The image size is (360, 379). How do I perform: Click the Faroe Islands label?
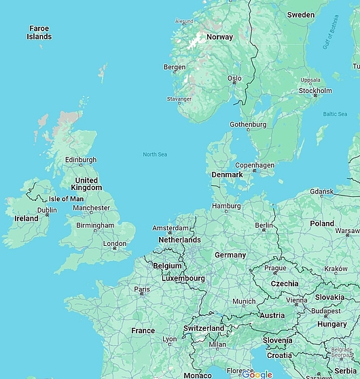(39, 32)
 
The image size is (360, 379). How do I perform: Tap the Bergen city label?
(175, 67)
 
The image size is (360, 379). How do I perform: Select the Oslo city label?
(234, 78)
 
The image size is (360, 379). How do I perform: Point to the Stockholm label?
(315, 90)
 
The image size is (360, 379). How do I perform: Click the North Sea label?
(155, 154)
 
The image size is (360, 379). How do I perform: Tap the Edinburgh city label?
(81, 160)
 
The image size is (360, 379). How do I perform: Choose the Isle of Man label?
(67, 199)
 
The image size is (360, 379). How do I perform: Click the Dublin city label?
(47, 210)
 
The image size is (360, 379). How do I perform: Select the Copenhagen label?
(255, 165)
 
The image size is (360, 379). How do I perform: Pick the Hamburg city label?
(226, 206)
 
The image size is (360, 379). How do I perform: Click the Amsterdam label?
(170, 228)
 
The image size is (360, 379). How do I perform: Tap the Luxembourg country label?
(183, 278)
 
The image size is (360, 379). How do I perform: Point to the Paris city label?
(142, 289)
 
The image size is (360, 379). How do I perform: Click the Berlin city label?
(264, 225)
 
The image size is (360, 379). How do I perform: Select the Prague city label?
(275, 268)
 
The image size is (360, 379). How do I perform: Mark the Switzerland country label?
(204, 328)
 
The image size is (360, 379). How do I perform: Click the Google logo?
(257, 374)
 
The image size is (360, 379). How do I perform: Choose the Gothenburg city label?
(248, 124)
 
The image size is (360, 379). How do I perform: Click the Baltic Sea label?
(335, 114)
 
